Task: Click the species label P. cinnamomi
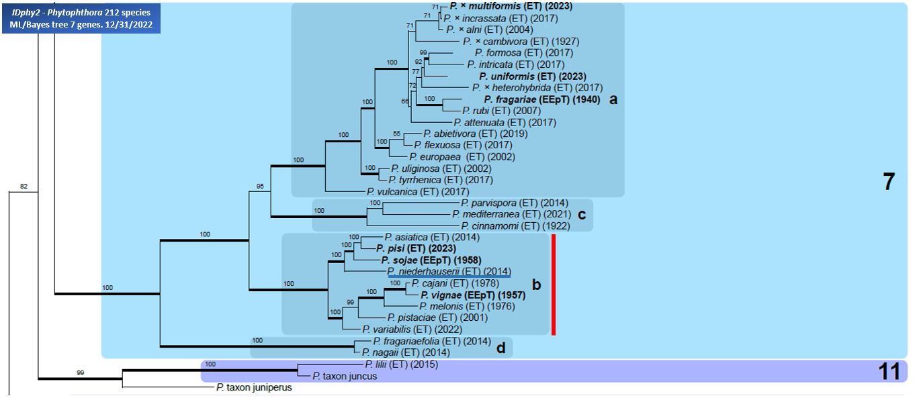pos(515,226)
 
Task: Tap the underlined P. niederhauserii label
pos(449,272)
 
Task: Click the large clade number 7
pos(889,182)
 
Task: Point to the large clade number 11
pos(889,372)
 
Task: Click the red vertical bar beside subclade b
pos(553,285)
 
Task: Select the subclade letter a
pos(613,99)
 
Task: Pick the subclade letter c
pos(582,214)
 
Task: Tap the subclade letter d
pos(501,348)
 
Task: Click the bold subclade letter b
pos(536,285)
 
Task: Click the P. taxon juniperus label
pos(254,387)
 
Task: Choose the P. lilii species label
pos(402,364)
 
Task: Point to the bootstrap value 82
pos(24,187)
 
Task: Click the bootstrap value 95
pos(260,187)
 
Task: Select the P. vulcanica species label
pos(418,191)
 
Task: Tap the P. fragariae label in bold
pos(542,99)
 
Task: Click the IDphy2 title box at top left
pos(81,18)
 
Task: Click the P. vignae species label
pos(473,295)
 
